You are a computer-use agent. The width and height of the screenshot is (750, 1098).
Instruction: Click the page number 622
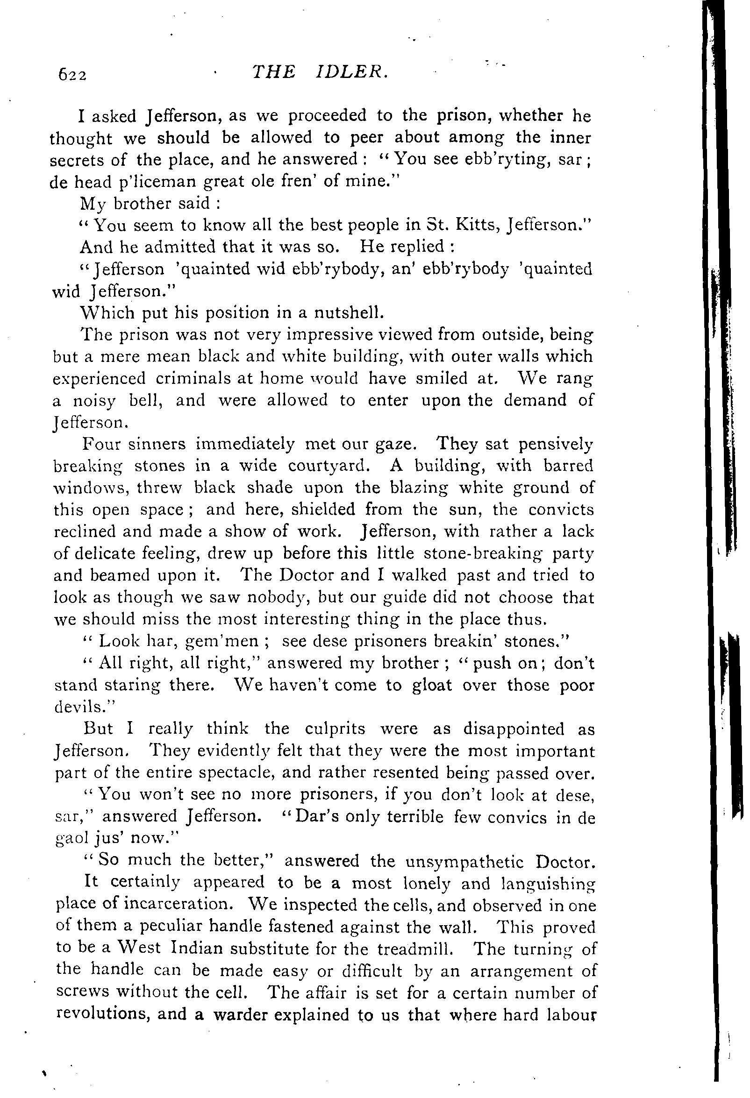coord(72,75)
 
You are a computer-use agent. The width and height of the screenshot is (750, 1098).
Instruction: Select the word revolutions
coord(101,1015)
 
